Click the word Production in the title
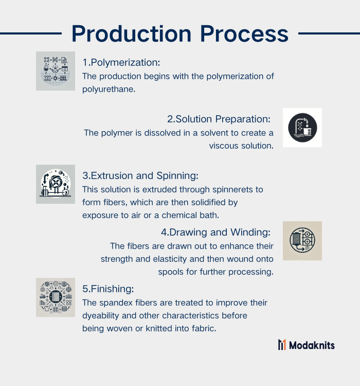[132, 34]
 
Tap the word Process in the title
[244, 34]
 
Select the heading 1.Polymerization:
[121, 62]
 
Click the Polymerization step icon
[56, 71]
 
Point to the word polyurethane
[109, 89]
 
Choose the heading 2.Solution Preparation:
[219, 119]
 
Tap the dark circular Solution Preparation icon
[302, 128]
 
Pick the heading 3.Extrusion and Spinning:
[140, 176]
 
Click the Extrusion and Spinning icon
[56, 184]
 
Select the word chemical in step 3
[179, 216]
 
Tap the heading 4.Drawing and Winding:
[216, 233]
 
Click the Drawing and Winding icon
[302, 241]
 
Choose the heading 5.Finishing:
[108, 289]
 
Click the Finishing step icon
[56, 297]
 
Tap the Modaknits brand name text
[312, 345]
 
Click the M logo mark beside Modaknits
[282, 345]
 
